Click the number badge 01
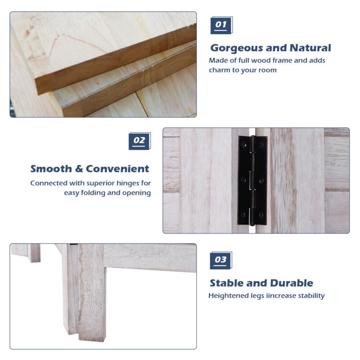[x=221, y=25]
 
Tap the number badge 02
[x=139, y=141]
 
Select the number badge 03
[x=221, y=261]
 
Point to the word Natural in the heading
[x=310, y=48]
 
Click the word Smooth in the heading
[x=51, y=169]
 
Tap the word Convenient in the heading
[x=117, y=169]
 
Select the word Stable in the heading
[x=227, y=283]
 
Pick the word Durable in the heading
[x=292, y=283]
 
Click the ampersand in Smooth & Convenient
[x=79, y=169]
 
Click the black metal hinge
[x=252, y=180]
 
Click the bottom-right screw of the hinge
[x=261, y=215]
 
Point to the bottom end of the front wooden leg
[x=92, y=339]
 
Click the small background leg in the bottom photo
[x=34, y=253]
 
